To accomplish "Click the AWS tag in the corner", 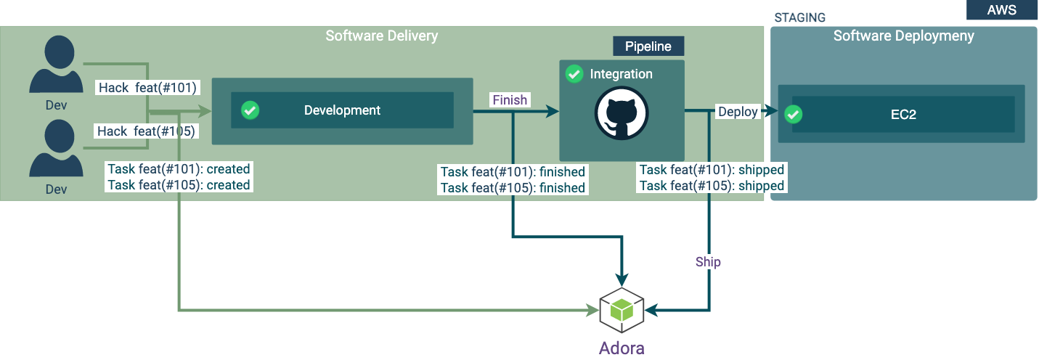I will (x=1001, y=10).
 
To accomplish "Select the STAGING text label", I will (x=799, y=17).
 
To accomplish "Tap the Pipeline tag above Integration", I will (x=648, y=46).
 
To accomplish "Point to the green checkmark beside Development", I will (x=250, y=110).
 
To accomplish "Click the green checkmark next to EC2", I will (x=794, y=114).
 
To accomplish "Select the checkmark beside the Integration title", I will (x=574, y=74).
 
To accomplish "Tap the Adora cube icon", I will (x=622, y=311).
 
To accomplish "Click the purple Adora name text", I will (x=622, y=348).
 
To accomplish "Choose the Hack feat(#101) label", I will (x=148, y=88).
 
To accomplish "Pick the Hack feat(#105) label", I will (x=148, y=131).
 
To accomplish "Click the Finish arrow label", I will (x=510, y=100).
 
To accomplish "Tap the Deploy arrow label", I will (x=738, y=112).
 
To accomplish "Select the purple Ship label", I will (x=708, y=261).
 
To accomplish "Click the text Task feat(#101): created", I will (x=179, y=169).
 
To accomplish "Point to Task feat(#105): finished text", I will (x=513, y=188).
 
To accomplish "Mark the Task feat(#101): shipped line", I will (x=712, y=170).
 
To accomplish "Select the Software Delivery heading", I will (x=381, y=36).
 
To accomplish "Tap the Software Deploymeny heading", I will (x=903, y=36).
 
